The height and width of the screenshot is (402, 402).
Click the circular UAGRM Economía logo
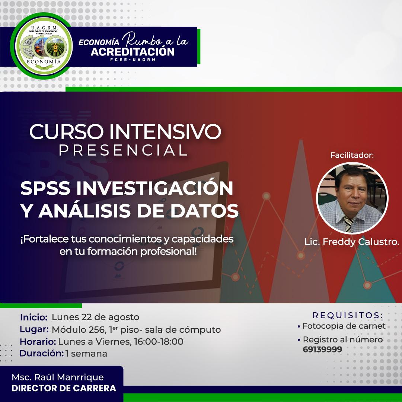[x=41, y=46]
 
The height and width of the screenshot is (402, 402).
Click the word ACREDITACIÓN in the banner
[x=133, y=52]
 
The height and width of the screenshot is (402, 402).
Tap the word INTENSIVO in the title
[x=165, y=132]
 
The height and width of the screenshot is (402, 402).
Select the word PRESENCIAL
[x=123, y=150]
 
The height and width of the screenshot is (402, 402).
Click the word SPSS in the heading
[x=45, y=188]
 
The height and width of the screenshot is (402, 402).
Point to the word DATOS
[x=205, y=211]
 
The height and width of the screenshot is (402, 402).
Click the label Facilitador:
[x=352, y=155]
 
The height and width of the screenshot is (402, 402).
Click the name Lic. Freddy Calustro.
[x=352, y=242]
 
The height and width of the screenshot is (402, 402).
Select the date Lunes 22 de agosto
[x=95, y=317]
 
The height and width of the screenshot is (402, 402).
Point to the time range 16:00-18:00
[x=159, y=341]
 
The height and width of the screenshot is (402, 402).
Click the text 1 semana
[x=86, y=354]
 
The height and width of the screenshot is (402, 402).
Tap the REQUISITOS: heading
[x=348, y=315]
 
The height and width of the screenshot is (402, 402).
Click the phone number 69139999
[x=322, y=350]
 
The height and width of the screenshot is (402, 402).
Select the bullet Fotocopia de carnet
[x=341, y=326]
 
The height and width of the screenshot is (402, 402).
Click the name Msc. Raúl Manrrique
[x=58, y=377]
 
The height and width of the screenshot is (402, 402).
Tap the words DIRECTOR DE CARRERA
[x=64, y=388]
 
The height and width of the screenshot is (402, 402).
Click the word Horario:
[x=38, y=341]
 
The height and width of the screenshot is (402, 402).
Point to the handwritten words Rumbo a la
[x=155, y=40]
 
